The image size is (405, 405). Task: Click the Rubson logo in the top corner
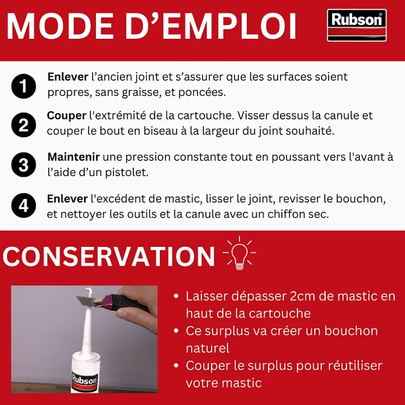point(356,25)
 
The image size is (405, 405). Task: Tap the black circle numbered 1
point(23,85)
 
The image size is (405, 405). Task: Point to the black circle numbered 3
point(23,165)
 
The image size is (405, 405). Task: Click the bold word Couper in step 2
point(66,116)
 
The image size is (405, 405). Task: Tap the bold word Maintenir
point(74,157)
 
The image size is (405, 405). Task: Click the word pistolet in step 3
point(129,173)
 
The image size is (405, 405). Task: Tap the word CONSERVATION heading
point(109,257)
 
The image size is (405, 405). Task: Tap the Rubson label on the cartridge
point(85,380)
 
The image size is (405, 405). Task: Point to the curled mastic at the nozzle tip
point(89,292)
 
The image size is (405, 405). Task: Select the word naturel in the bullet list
point(208,348)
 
